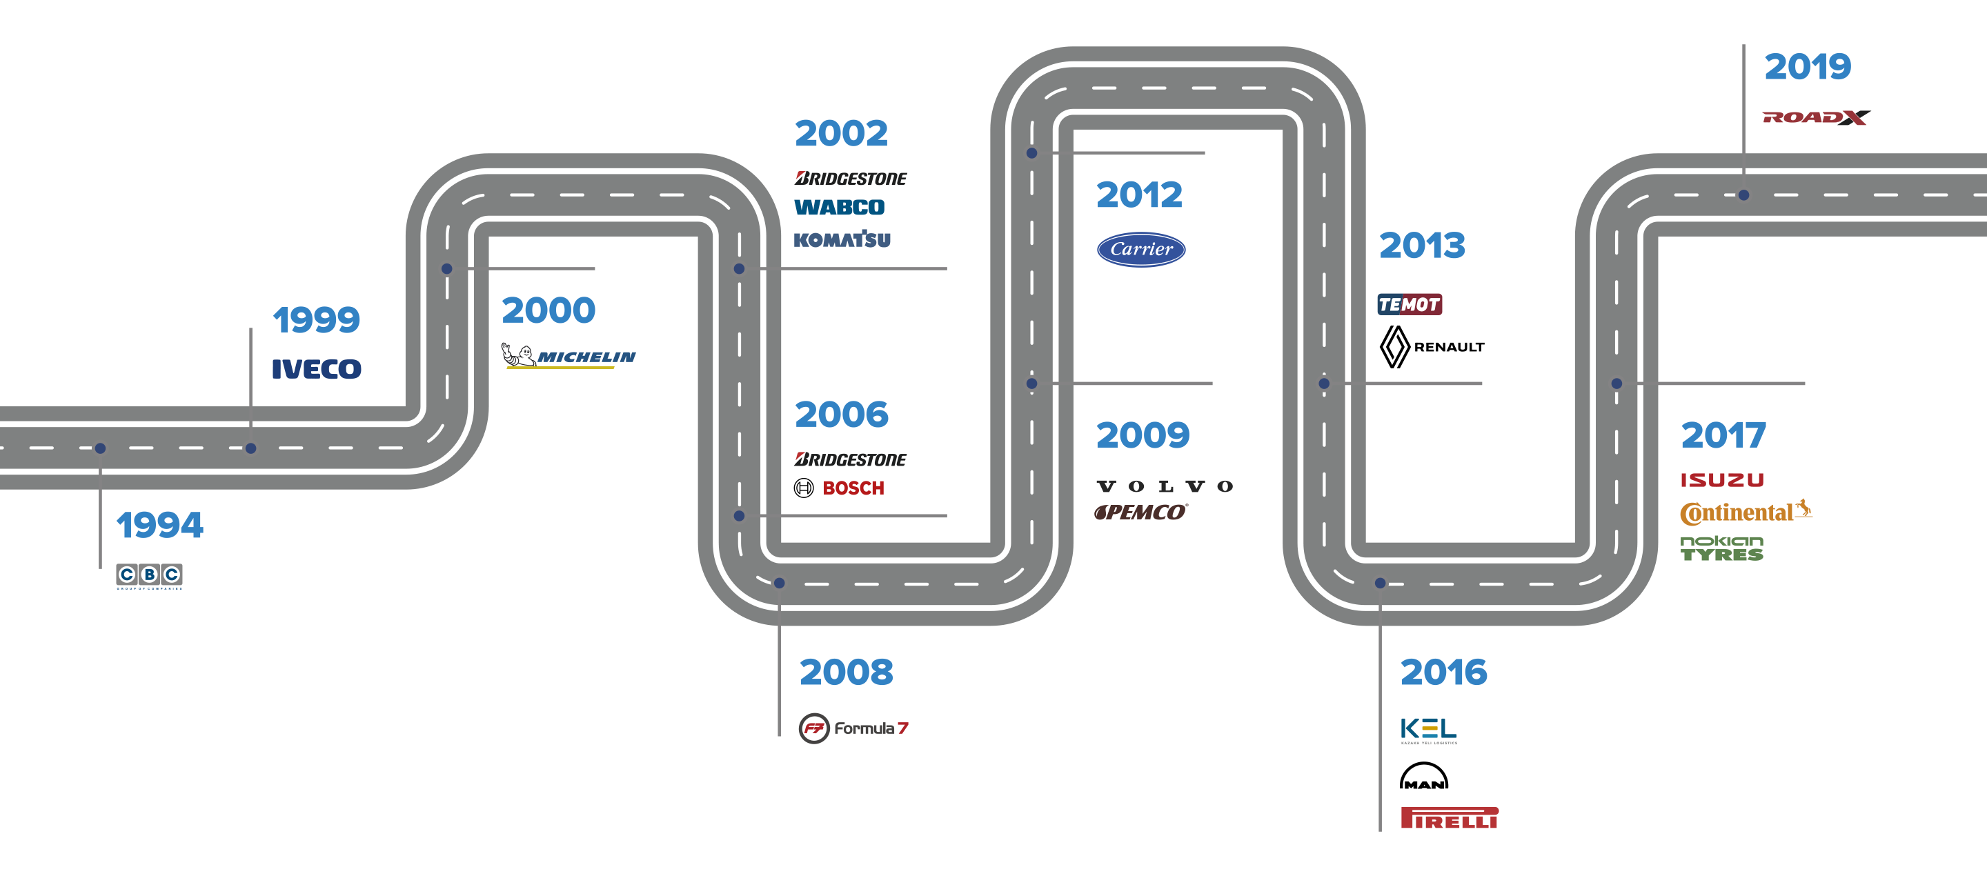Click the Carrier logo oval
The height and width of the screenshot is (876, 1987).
tap(1141, 249)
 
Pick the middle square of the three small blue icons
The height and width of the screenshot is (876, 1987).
tap(150, 575)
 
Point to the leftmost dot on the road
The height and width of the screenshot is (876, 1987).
tap(100, 448)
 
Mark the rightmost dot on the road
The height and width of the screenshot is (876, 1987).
tap(1743, 195)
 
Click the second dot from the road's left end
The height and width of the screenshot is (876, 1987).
tap(250, 448)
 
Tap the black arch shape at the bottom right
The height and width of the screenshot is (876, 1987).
tap(1424, 785)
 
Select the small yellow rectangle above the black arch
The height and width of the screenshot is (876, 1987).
tap(1431, 730)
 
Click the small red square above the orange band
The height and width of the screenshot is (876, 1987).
tap(1723, 488)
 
